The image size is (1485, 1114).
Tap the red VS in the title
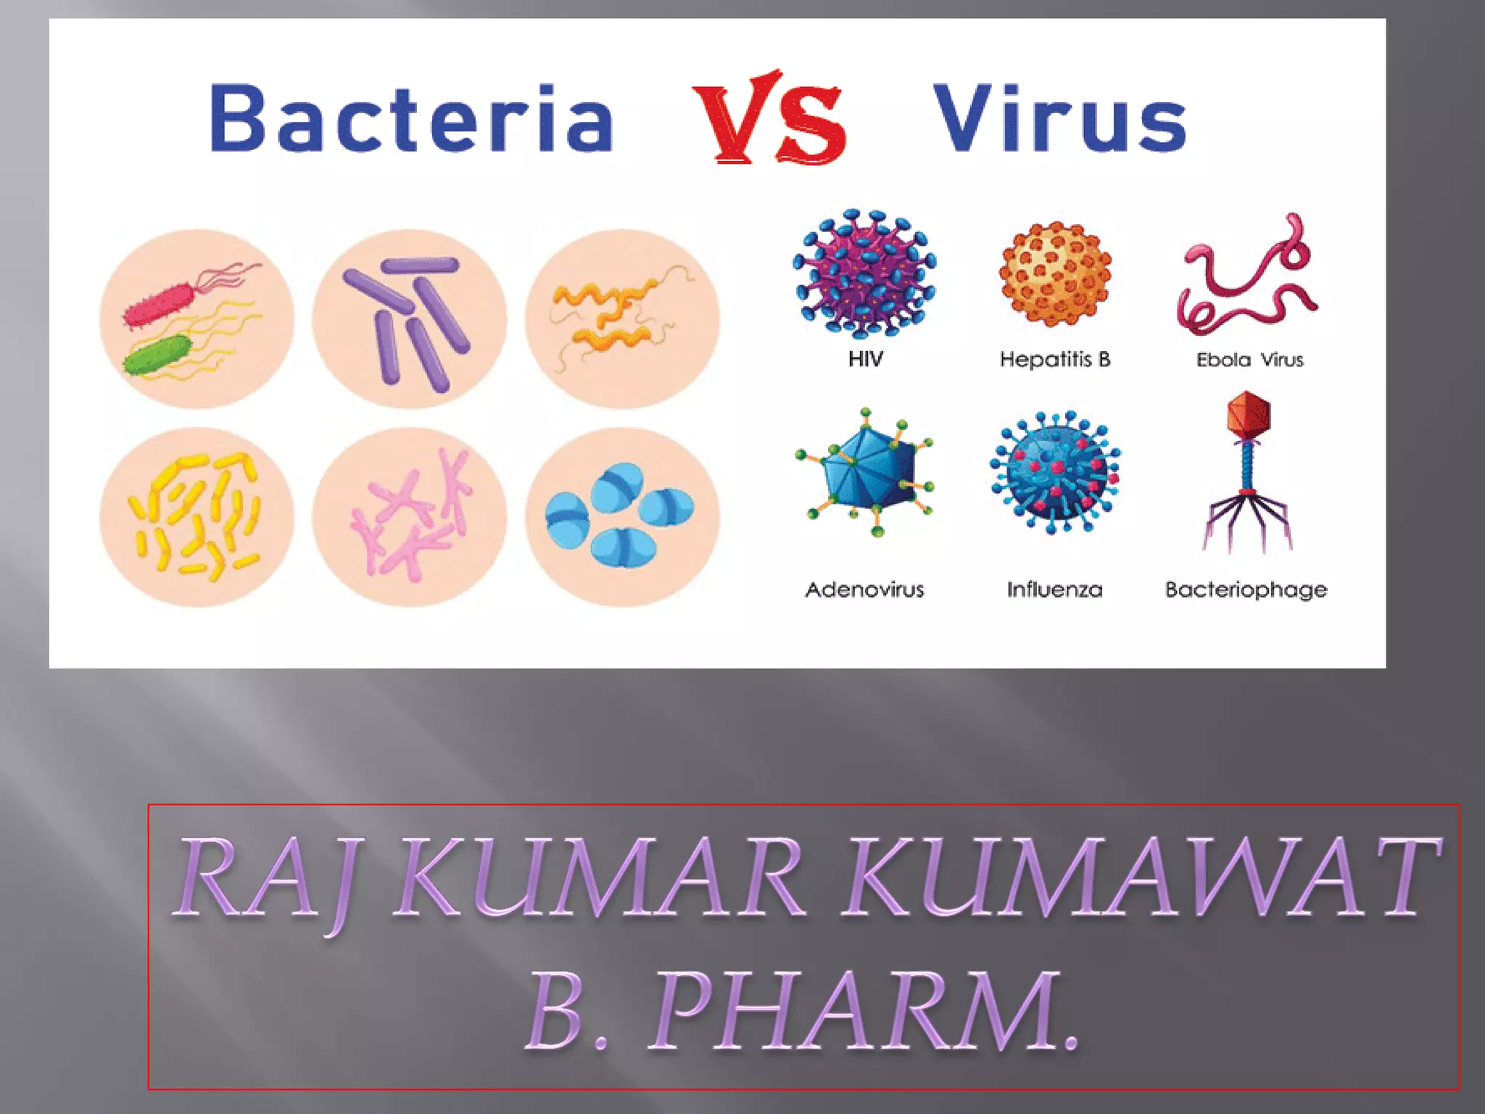[769, 118]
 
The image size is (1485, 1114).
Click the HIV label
[866, 359]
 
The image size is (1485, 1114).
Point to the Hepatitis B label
[1055, 359]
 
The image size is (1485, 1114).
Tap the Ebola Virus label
[1249, 360]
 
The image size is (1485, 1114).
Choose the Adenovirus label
[864, 590]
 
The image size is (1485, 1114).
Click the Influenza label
[1054, 590]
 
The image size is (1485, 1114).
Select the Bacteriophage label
[1246, 590]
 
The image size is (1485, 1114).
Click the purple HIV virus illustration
[864, 273]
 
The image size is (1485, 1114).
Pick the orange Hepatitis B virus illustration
[1055, 273]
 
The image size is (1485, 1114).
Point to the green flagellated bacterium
[157, 355]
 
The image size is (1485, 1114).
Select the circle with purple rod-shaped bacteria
[409, 320]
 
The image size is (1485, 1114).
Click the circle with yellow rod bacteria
[197, 516]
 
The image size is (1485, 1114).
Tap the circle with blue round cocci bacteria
[622, 516]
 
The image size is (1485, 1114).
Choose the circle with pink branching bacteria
[409, 516]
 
